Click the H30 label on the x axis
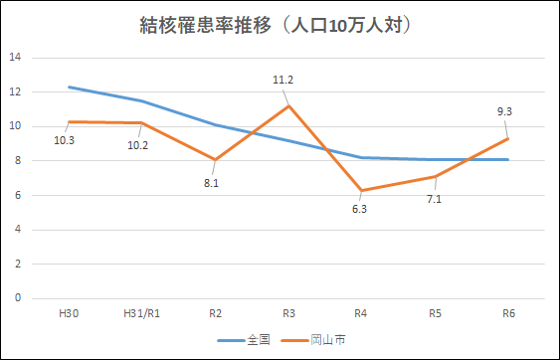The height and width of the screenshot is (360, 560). [69, 313]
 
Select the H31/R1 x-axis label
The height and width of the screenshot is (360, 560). [141, 313]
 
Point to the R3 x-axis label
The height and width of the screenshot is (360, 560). [288, 313]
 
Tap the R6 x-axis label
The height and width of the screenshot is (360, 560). [508, 313]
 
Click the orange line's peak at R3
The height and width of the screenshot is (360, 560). [288, 105]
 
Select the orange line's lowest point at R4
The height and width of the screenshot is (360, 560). [362, 190]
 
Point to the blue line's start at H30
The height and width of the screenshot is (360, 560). [69, 88]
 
